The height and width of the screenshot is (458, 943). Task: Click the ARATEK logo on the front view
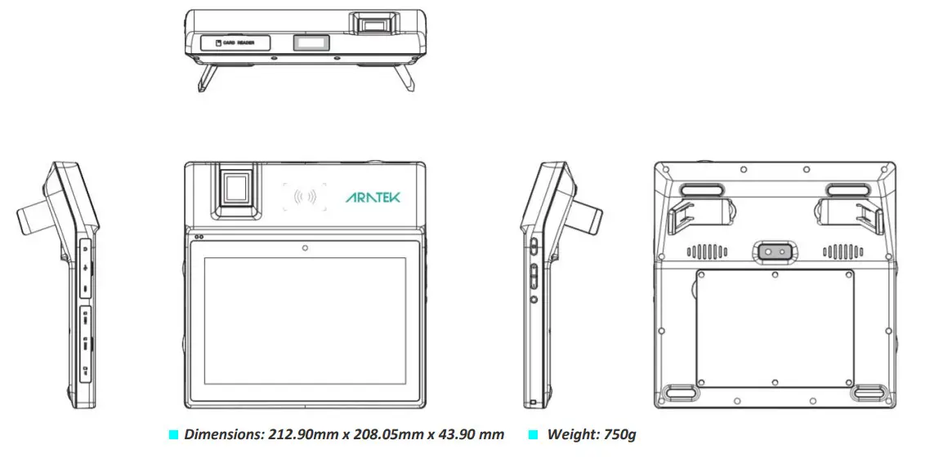click(x=373, y=197)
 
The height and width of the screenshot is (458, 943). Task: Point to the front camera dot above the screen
click(x=304, y=247)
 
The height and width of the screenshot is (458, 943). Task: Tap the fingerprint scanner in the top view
click(x=376, y=23)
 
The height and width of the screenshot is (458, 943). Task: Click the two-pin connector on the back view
click(x=773, y=252)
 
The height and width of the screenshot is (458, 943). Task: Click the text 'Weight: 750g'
click(x=591, y=434)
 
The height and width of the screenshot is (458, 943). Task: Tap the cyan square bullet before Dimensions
click(x=172, y=435)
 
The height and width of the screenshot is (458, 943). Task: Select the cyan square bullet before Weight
click(x=534, y=435)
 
